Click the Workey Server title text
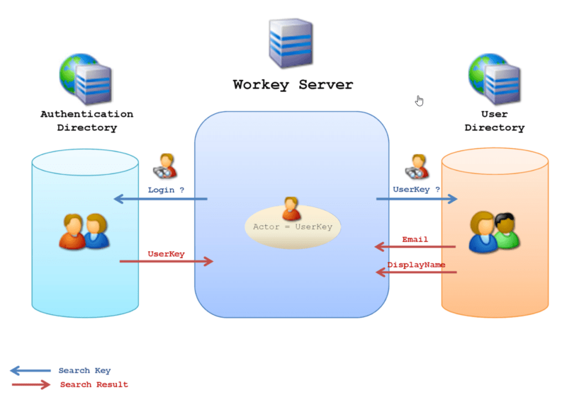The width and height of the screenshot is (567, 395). pyautogui.click(x=292, y=85)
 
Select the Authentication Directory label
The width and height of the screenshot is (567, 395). pyautogui.click(x=87, y=121)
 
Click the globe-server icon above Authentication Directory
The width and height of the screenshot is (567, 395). pyautogui.click(x=86, y=79)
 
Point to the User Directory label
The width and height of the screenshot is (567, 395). pyautogui.click(x=494, y=121)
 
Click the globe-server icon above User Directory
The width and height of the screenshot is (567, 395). pyautogui.click(x=494, y=79)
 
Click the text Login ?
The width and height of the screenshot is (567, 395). pyautogui.click(x=166, y=190)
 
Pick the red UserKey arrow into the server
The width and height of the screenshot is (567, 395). pyautogui.click(x=166, y=261)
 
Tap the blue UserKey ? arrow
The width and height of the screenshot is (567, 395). pyautogui.click(x=417, y=199)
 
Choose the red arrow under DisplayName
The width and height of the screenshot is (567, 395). pyautogui.click(x=416, y=272)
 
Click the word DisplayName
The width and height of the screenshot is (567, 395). pyautogui.click(x=416, y=264)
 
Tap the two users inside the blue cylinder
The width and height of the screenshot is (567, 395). pyautogui.click(x=84, y=231)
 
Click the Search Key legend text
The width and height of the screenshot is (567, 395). pyautogui.click(x=84, y=371)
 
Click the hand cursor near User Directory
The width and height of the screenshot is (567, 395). pyautogui.click(x=419, y=100)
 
